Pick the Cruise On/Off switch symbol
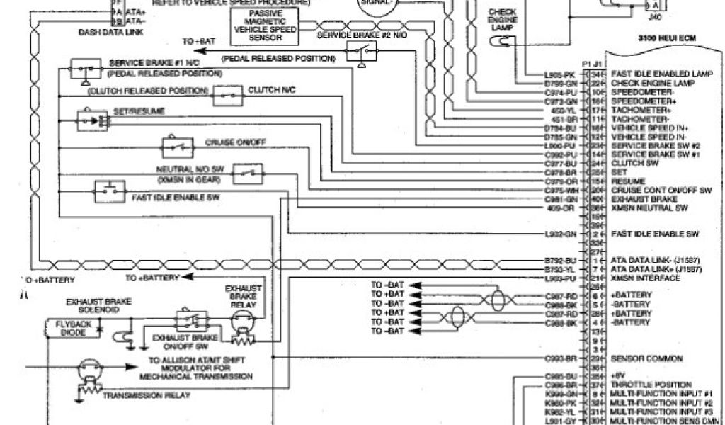tap(177, 147)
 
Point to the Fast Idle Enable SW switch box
tap(110, 190)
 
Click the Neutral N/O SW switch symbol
tap(247, 172)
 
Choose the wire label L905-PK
tap(561, 74)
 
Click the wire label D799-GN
tap(561, 83)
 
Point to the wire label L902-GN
tap(561, 233)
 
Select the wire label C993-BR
tap(561, 358)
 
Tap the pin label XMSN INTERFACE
tap(645, 278)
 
